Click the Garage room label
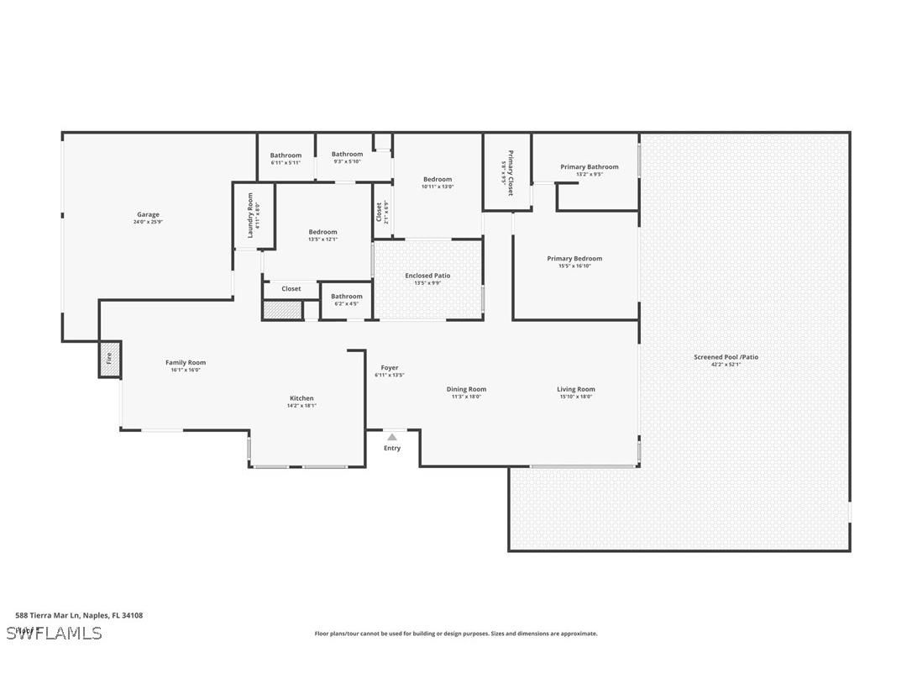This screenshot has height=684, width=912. (x=148, y=215)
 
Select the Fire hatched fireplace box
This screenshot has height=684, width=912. (x=110, y=359)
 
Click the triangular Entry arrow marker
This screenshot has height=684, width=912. (x=392, y=437)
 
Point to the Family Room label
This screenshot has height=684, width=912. (x=186, y=363)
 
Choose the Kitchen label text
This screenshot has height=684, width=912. (x=301, y=398)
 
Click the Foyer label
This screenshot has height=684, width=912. (x=390, y=368)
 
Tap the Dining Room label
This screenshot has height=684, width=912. (x=466, y=389)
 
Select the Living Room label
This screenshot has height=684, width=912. (x=576, y=389)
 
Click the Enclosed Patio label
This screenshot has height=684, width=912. (x=427, y=276)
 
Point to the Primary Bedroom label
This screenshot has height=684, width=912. (x=574, y=259)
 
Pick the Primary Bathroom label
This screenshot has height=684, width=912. (x=590, y=167)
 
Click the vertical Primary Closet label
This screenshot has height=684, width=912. (x=508, y=173)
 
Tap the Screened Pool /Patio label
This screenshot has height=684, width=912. (x=726, y=357)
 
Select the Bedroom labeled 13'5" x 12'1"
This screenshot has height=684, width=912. (x=322, y=232)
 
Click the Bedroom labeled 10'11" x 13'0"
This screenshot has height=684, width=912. (x=438, y=179)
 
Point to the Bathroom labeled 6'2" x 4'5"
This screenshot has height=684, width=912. (x=346, y=297)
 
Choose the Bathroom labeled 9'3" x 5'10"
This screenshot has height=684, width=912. (x=347, y=155)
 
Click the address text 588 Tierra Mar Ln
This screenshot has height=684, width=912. (x=79, y=615)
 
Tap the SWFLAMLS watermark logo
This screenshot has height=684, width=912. (x=54, y=633)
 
